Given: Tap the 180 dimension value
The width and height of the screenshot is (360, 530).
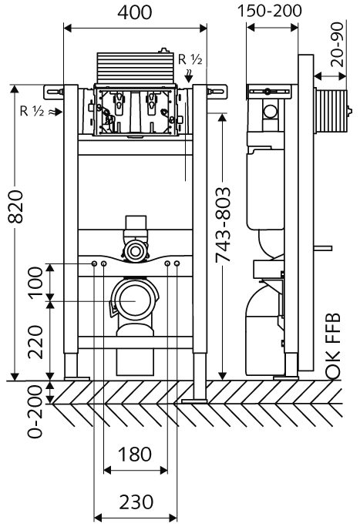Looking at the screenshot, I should point(136,455).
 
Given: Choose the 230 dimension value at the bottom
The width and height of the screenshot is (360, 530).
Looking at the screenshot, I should point(136,502).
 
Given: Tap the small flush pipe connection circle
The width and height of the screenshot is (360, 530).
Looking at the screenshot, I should point(136,250).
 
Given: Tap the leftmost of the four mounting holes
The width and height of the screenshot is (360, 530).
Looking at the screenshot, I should point(94,265).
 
